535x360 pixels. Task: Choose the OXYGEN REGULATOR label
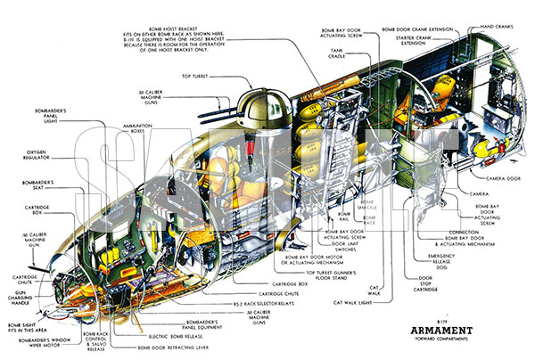pyautogui.click(x=21, y=157)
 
